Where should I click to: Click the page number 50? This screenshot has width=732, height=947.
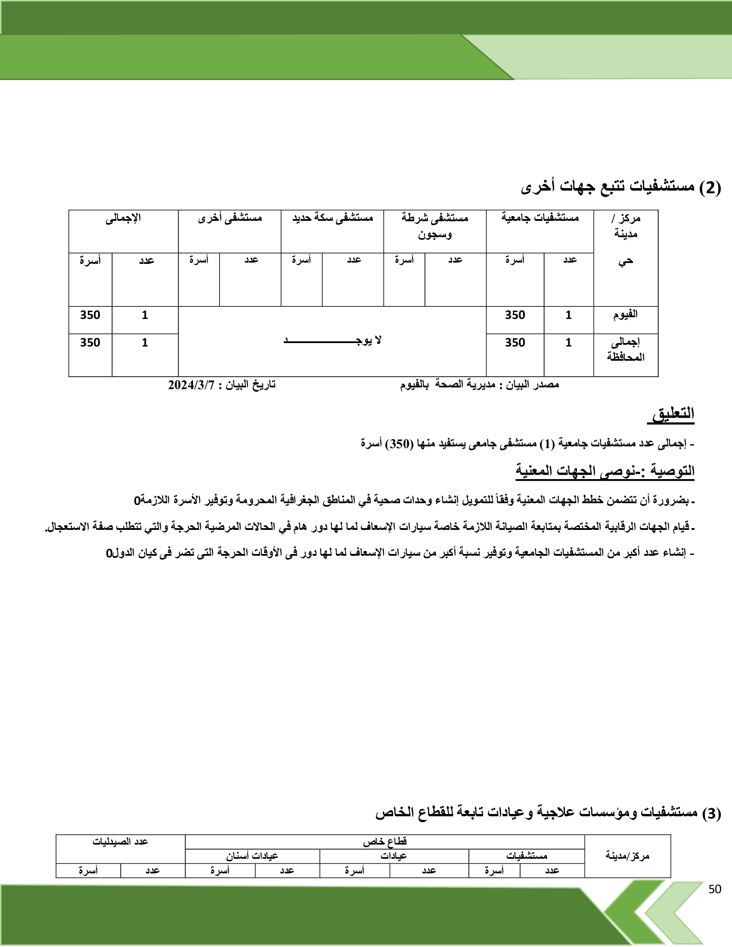point(715,889)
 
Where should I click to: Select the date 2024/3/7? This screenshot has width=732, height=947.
point(191,384)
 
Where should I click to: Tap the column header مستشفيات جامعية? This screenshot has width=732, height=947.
point(540,218)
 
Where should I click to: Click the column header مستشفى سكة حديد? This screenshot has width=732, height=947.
point(332,218)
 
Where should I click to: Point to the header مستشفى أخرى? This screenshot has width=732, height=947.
point(230,218)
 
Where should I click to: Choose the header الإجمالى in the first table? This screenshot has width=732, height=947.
point(123,218)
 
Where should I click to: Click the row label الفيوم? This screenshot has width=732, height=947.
point(625,315)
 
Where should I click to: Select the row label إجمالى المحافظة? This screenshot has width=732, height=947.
point(625,350)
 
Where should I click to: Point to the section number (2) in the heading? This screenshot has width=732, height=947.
point(710,188)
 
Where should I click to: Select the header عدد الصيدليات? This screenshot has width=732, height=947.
point(120,842)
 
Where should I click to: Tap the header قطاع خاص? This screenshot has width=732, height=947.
point(385,842)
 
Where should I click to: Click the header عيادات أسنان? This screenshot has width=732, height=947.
point(252,856)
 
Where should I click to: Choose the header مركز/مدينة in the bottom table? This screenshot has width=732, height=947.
point(627,855)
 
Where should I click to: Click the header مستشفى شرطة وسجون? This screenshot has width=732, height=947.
point(434,226)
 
